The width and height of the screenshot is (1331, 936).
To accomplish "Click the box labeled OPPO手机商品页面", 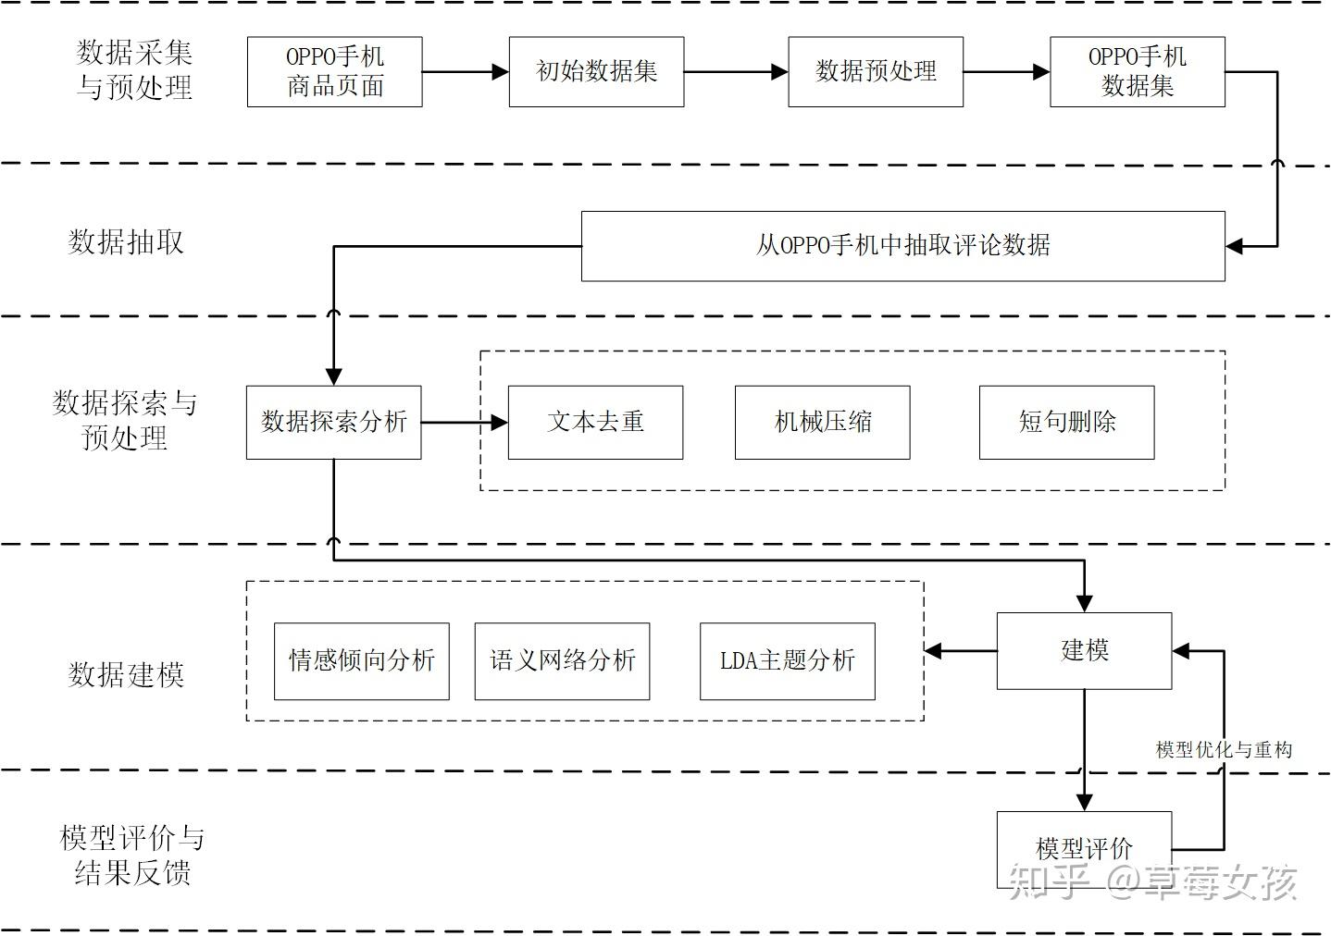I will [x=334, y=71].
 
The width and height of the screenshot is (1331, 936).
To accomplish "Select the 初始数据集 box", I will [x=596, y=71].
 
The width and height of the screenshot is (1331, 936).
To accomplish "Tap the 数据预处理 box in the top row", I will [x=875, y=71].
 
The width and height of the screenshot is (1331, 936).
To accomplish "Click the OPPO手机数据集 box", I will [x=1137, y=71].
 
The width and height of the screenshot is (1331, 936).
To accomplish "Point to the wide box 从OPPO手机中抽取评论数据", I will [x=902, y=245].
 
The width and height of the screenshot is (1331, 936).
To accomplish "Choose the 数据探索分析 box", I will [x=333, y=422].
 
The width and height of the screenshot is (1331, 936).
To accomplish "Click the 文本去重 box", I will [x=595, y=422].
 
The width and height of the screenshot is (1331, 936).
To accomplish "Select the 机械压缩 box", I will [x=822, y=422].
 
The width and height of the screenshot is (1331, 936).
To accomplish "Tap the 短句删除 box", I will [x=1066, y=422].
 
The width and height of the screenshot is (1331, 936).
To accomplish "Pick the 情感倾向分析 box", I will [x=361, y=660].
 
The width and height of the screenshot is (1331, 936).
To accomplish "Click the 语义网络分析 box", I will [x=562, y=660].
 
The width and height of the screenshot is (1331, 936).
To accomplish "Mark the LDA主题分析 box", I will [x=787, y=660].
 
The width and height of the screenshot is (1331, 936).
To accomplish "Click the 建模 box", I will [x=1084, y=650].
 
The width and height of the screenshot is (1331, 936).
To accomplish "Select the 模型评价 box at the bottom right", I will [x=1084, y=848].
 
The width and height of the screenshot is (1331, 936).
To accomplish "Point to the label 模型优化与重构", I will [x=1223, y=749].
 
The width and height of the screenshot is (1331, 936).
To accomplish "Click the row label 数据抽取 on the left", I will [x=126, y=242].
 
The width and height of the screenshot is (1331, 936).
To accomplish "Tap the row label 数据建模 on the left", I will [x=126, y=675].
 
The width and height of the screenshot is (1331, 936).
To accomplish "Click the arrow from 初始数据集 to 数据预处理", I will [x=736, y=71].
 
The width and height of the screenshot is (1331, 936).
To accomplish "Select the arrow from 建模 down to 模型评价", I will [x=1084, y=749].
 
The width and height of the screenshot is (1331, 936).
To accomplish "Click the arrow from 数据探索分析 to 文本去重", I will [x=465, y=422].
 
